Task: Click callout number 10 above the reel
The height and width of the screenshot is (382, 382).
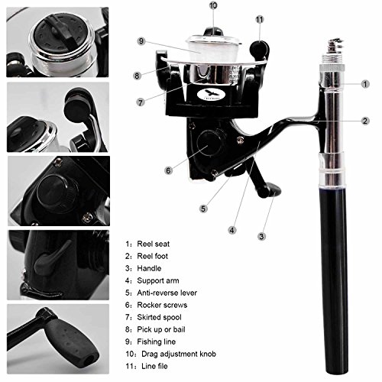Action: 213,5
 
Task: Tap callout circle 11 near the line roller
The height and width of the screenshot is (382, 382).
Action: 260,20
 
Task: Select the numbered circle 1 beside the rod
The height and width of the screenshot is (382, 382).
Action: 365,84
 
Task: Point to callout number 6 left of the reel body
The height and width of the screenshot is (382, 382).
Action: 168,170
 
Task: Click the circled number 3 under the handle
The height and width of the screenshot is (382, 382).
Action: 261,236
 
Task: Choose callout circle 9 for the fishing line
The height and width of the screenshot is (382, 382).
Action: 141,41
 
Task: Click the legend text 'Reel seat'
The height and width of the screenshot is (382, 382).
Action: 153,244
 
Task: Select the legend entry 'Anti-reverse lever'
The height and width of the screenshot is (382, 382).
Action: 167,293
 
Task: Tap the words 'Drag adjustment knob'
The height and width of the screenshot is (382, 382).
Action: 179,354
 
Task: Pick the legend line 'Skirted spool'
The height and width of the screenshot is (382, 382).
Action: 159,317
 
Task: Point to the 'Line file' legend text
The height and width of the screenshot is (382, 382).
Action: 154,366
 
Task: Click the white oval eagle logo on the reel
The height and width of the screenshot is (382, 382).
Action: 211,95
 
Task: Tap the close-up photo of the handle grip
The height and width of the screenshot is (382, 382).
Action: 58,338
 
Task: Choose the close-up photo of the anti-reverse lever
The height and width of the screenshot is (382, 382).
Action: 58,265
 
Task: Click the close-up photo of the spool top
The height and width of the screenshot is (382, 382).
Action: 57,42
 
